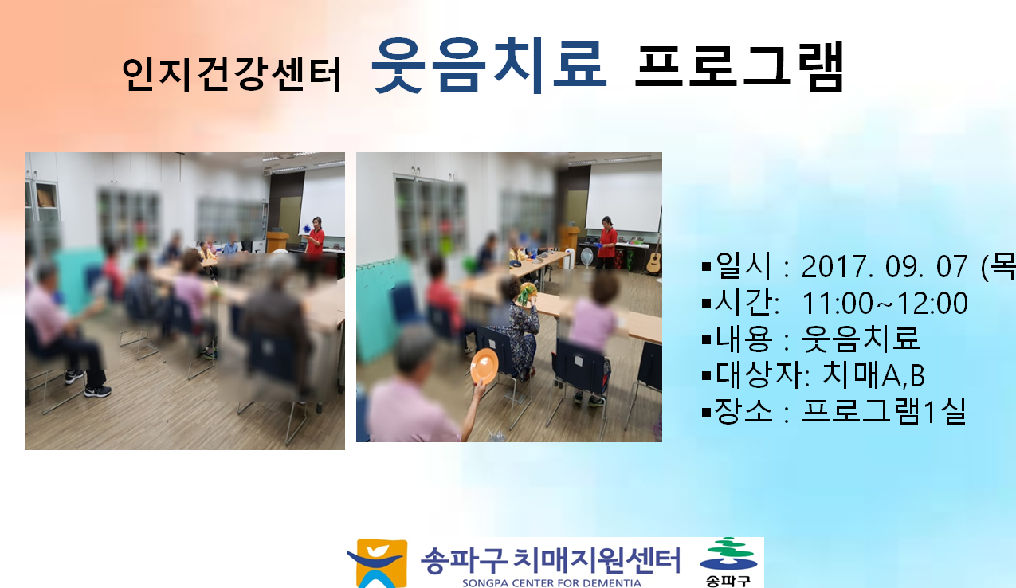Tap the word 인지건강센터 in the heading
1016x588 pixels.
point(231,74)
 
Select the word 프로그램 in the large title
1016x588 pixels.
point(739,67)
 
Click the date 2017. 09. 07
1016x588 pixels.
point(885,266)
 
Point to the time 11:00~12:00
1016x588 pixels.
point(885,303)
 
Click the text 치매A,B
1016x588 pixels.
point(873,375)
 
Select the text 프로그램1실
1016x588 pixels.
point(884,411)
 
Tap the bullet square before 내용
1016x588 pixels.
point(706,339)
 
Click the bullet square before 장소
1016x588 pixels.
point(706,412)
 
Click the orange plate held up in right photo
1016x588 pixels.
point(484,367)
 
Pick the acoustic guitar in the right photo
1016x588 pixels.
point(654,257)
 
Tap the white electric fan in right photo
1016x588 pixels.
point(586,257)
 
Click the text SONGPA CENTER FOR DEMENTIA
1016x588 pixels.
point(551,583)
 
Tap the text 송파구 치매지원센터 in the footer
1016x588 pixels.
point(551,560)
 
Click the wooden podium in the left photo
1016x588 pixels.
point(277,241)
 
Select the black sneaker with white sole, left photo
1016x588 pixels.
point(97,390)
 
